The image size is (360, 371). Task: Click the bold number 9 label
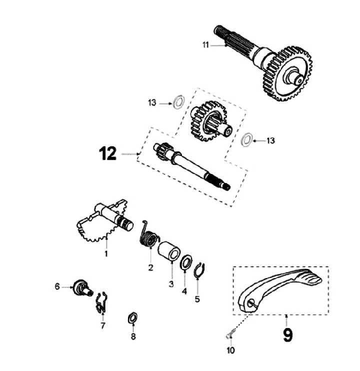[x=287, y=333]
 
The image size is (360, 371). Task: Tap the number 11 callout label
[x=205, y=45]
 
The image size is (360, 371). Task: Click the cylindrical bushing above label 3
[x=169, y=249]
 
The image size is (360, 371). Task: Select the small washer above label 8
[x=133, y=317]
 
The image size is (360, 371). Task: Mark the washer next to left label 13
[x=176, y=103]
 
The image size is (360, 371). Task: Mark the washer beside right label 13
[x=246, y=140]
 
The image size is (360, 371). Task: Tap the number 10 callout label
[x=230, y=350]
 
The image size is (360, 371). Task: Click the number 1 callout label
[x=106, y=254]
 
